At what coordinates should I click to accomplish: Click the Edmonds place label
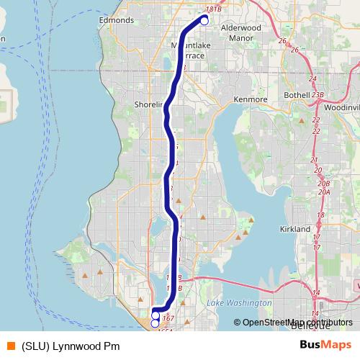tap(117, 21)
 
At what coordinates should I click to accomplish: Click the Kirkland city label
tap(294, 228)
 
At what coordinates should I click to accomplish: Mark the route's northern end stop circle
tap(204, 22)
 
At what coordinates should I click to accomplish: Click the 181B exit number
tap(213, 9)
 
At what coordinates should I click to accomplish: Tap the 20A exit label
tap(324, 192)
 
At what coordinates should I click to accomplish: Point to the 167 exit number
tap(169, 317)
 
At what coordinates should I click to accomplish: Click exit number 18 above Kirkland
tap(321, 215)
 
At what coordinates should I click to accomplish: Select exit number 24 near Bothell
tap(312, 78)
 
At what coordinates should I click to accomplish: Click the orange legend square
tap(10, 346)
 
